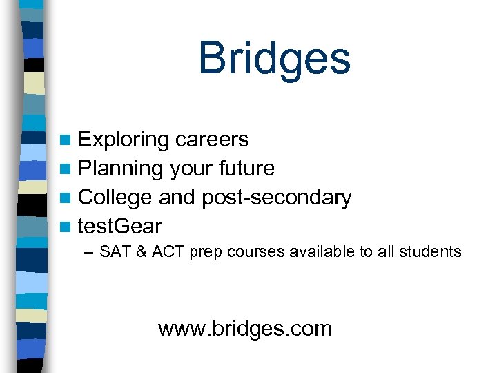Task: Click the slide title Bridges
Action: (x=274, y=58)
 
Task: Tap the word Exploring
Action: (x=124, y=140)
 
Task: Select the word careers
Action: (x=212, y=140)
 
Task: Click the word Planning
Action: (x=121, y=169)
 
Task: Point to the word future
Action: (x=246, y=169)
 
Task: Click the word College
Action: (x=115, y=198)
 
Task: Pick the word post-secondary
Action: (x=276, y=198)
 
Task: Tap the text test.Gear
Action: (x=120, y=226)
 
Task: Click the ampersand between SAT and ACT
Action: (x=142, y=252)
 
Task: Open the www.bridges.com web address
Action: (x=244, y=328)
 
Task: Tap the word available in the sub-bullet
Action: (x=320, y=252)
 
